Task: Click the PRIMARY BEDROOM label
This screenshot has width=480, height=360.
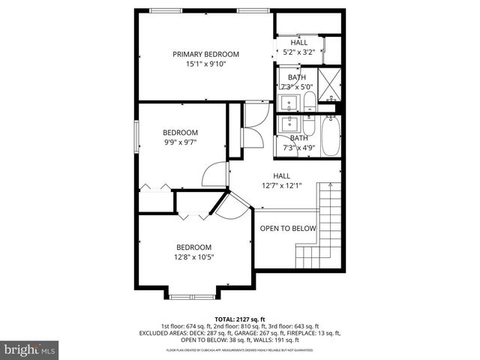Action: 205,54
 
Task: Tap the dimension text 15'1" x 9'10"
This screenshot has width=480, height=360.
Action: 205,64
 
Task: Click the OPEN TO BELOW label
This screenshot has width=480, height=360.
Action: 288,229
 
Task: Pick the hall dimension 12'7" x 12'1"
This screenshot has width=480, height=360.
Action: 281,186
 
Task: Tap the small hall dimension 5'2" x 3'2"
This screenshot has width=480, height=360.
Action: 298,52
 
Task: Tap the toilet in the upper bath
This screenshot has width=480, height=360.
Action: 308,101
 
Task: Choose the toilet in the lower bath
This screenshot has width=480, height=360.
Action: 308,124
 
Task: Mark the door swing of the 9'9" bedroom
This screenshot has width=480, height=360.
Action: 216,175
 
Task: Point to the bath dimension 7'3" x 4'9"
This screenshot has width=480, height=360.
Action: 298,148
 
